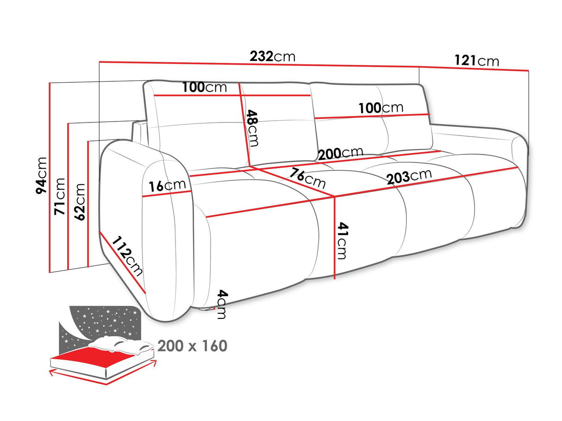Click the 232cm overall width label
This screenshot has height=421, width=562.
point(272,57)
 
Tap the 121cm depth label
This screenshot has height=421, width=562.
point(476,61)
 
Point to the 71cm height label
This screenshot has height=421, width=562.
point(60,196)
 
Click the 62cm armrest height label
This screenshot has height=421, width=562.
point(80,202)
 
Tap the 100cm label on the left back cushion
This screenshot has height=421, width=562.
point(204,87)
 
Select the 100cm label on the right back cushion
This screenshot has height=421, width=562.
point(381,108)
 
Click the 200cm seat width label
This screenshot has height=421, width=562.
point(340,153)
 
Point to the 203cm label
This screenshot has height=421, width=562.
point(409,177)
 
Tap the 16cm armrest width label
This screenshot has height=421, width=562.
point(167,186)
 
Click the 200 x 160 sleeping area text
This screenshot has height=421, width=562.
point(192,346)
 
